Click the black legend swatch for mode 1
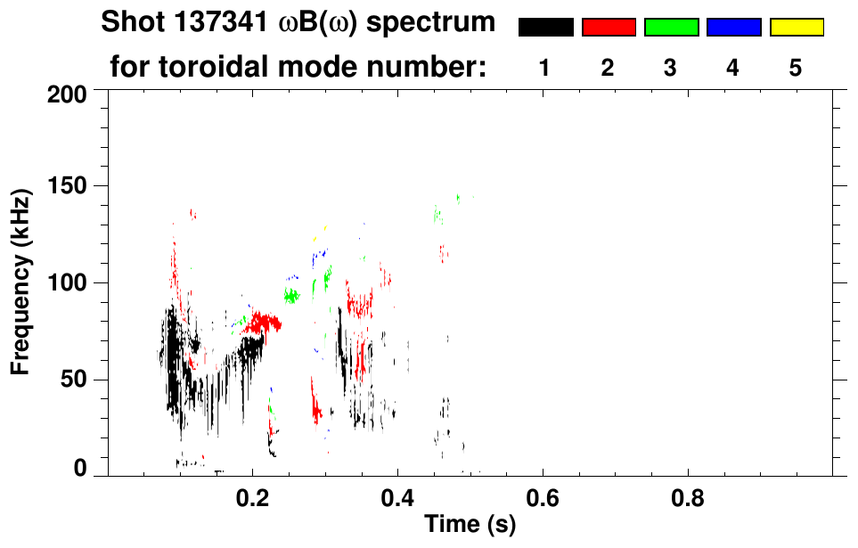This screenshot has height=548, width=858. coord(545,28)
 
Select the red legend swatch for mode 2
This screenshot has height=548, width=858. coord(609,28)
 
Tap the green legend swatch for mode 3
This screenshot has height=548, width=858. coord(671,28)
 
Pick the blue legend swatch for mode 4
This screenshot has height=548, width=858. coord(733,28)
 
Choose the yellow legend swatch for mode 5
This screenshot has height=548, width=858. coord(797,28)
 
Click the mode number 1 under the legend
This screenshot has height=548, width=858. coord(544,68)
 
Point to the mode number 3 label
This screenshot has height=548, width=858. coord(670,68)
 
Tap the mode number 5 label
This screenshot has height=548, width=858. coord(796,68)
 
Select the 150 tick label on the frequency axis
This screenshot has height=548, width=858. coord(69,187)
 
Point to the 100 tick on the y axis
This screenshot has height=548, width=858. coord(69,282)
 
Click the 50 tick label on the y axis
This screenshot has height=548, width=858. coord(75,380)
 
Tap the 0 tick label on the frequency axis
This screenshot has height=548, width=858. coord(81,470)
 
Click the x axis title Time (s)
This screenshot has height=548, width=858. coord(470,526)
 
